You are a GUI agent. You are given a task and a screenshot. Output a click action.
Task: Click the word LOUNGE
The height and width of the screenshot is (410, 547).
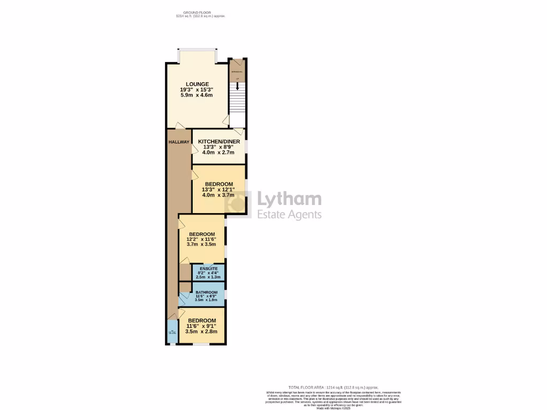click(x=197, y=84)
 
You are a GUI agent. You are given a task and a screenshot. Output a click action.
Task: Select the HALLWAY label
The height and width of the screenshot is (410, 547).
click(x=178, y=142)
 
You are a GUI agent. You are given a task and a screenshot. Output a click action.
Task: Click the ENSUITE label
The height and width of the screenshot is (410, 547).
click(x=208, y=268)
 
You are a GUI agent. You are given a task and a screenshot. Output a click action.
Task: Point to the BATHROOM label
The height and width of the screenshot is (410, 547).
click(x=206, y=293)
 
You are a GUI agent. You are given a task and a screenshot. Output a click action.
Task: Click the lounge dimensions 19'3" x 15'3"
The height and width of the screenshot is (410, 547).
click(x=197, y=90)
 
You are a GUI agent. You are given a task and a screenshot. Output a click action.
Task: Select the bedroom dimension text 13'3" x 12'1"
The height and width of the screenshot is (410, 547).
click(x=218, y=190)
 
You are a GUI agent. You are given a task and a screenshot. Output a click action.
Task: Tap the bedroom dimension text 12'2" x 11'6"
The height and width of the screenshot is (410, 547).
click(x=201, y=240)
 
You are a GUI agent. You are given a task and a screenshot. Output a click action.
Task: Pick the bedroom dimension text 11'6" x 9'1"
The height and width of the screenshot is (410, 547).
click(x=201, y=326)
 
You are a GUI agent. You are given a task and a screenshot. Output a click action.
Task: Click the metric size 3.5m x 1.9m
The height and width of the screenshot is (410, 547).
click(x=206, y=300)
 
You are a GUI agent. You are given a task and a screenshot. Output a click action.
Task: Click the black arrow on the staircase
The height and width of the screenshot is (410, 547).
click(x=237, y=86)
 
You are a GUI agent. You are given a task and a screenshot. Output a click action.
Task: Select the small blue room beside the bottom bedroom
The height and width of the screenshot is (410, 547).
click(x=171, y=332)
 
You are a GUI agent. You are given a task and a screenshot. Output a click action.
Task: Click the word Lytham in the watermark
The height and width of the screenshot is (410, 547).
click(x=290, y=200)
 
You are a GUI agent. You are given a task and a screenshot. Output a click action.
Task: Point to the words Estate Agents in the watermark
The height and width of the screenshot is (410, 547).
click(x=290, y=215)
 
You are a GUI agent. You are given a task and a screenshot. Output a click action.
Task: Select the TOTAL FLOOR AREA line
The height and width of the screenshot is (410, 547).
click(x=333, y=387)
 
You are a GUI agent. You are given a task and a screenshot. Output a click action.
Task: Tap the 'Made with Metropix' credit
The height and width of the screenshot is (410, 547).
click(x=333, y=408)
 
